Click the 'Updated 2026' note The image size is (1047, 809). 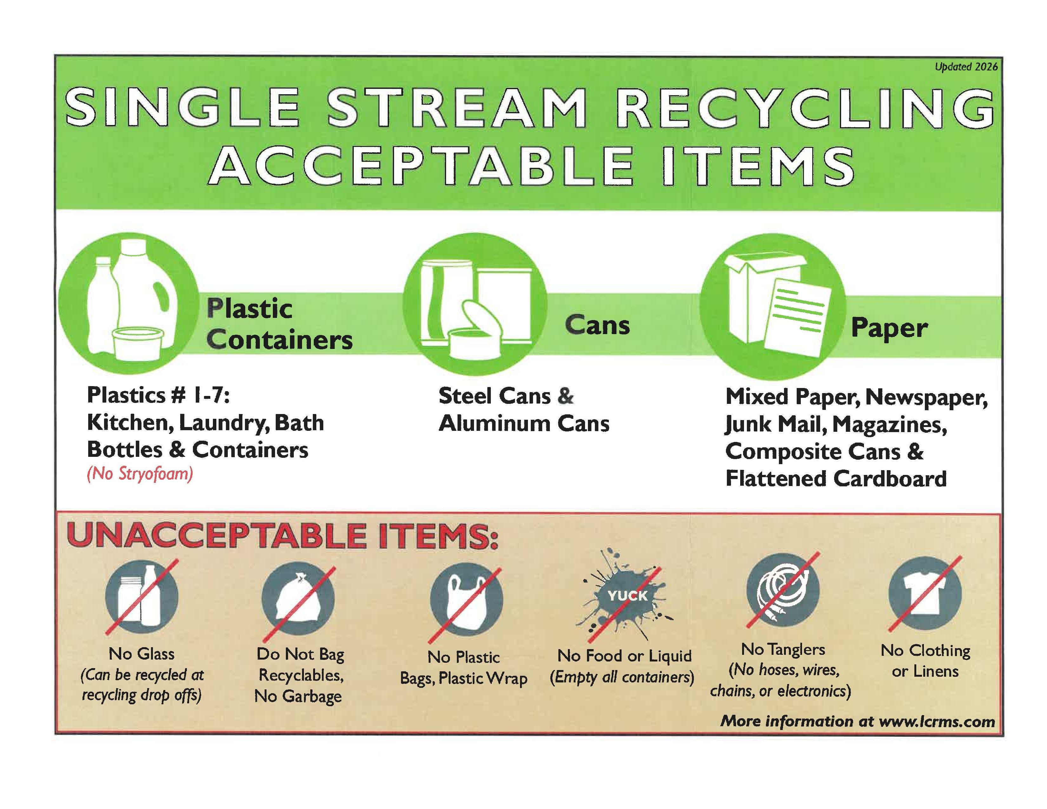click(966, 67)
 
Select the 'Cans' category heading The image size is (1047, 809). click(597, 326)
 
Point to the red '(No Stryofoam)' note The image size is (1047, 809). click(140, 474)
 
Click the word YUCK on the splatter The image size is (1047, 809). click(628, 596)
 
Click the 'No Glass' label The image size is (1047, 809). click(142, 654)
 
